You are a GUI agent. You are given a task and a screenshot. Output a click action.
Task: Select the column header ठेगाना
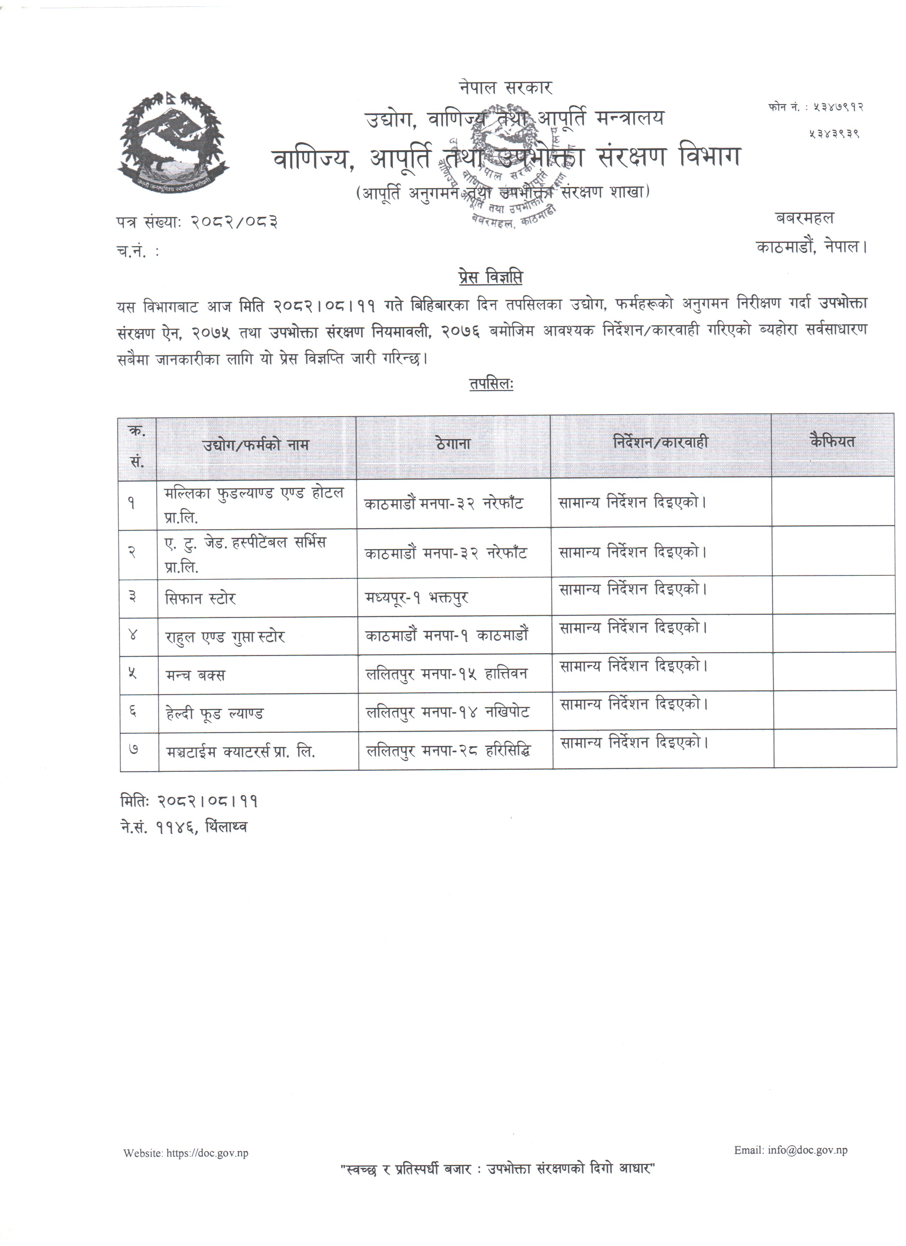(x=453, y=443)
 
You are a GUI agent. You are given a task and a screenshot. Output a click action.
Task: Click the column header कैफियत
(x=832, y=441)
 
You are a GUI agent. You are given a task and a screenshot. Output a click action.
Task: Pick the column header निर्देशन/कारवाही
(x=660, y=442)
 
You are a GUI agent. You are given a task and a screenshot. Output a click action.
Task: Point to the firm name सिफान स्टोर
(x=200, y=598)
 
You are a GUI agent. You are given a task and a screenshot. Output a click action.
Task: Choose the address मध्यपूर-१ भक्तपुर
(x=416, y=598)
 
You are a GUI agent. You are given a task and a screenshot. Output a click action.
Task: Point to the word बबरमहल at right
(x=804, y=218)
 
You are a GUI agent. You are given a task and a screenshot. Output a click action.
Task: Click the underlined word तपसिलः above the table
(x=491, y=384)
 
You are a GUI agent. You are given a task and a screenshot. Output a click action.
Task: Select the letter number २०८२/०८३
(x=234, y=222)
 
